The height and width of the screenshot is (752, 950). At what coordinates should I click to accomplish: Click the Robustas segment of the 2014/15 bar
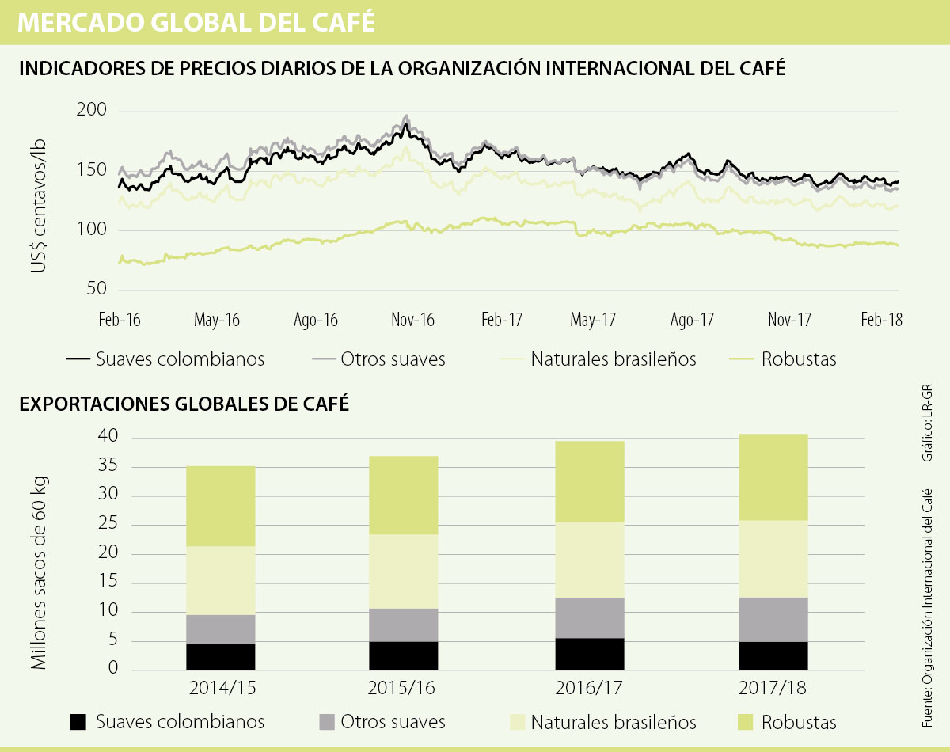[x=220, y=506]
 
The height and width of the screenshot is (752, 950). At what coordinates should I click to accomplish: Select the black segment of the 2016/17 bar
[x=590, y=654]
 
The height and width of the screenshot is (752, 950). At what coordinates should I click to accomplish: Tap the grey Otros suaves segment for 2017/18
[x=774, y=619]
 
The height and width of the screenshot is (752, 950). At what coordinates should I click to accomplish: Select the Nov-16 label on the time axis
[x=412, y=321]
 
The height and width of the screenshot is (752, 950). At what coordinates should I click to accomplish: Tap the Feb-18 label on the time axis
[x=881, y=321]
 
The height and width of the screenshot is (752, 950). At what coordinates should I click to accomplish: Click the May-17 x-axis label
[x=593, y=321]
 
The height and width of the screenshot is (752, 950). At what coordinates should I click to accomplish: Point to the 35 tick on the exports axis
[x=108, y=467]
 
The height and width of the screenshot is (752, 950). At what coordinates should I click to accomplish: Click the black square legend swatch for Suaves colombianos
[x=78, y=722]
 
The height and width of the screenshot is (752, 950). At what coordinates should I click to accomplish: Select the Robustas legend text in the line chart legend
[x=798, y=359]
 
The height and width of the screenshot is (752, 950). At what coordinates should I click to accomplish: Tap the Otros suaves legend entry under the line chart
[x=393, y=359]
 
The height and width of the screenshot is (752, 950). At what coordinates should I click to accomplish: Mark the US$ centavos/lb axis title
[x=39, y=205]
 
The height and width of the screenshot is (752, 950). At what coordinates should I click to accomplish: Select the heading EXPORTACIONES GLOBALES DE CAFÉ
[x=184, y=404]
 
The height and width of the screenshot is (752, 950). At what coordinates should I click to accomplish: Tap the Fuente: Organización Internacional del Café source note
[x=927, y=608]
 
